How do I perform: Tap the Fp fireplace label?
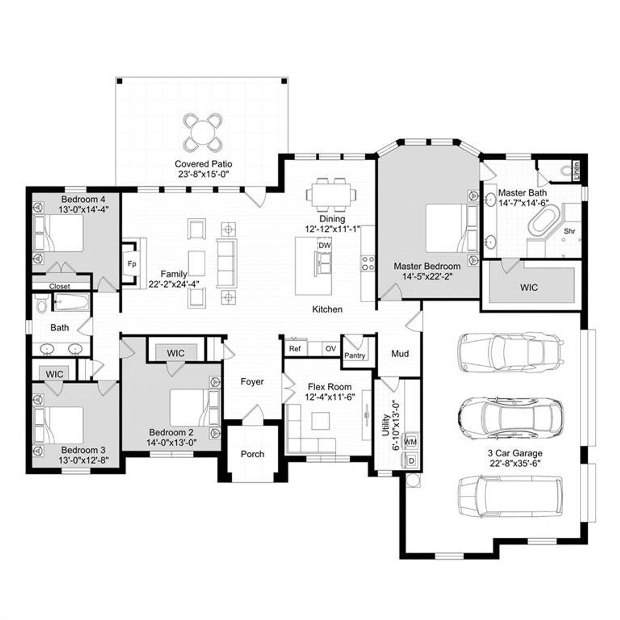[131, 264]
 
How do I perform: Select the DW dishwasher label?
[325, 246]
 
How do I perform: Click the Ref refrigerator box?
[294, 348]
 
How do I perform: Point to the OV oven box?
[331, 348]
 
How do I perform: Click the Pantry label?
[355, 356]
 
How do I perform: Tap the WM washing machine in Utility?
[410, 442]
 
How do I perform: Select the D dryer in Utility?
[411, 461]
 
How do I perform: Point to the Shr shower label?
[570, 231]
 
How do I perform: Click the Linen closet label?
[577, 171]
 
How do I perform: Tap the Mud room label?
[400, 354]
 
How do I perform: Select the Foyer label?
[252, 382]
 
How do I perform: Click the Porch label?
[252, 454]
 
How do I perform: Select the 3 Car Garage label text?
[515, 453]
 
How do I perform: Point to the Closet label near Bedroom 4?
[60, 286]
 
